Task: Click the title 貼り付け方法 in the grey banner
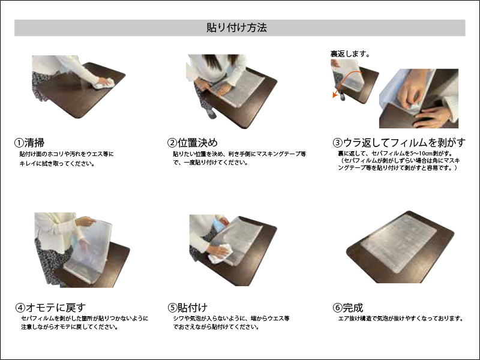pyautogui.click(x=236, y=28)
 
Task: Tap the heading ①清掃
pyautogui.click(x=29, y=143)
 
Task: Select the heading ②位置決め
pyautogui.click(x=193, y=143)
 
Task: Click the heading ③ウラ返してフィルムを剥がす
pyautogui.click(x=399, y=142)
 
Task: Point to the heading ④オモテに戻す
pyautogui.click(x=50, y=307)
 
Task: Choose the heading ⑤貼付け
pyautogui.click(x=187, y=307)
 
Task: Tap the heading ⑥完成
pyautogui.click(x=348, y=307)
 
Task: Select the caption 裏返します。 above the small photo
pyautogui.click(x=350, y=54)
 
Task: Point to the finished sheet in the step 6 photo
pyautogui.click(x=399, y=244)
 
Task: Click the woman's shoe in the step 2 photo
pyautogui.click(x=211, y=113)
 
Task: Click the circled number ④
pyautogui.click(x=20, y=308)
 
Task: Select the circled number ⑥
pyautogui.click(x=337, y=308)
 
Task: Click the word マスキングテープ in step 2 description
pyautogui.click(x=278, y=154)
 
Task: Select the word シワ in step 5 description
pyautogui.click(x=178, y=319)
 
